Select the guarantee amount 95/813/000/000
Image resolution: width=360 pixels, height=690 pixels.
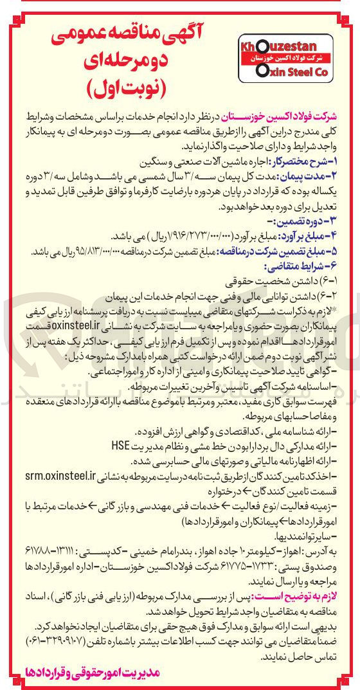[96, 250]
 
